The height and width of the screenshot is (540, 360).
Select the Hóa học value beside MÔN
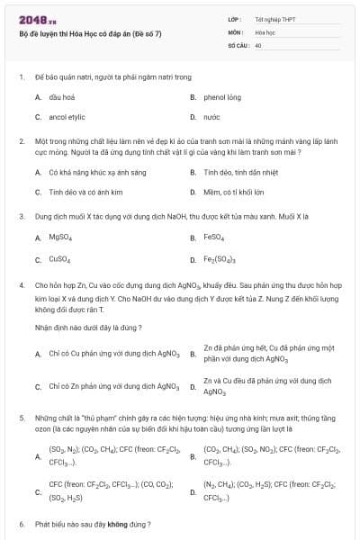[265, 31]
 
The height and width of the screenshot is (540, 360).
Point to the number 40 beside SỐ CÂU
[258, 44]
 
